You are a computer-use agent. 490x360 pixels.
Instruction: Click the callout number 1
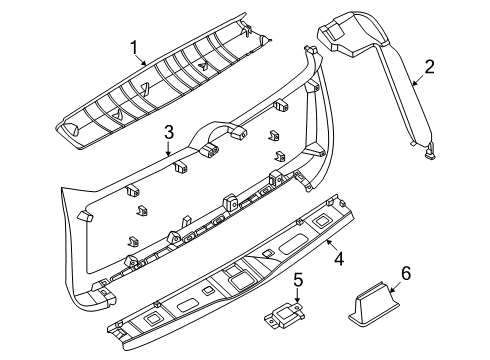[x=134, y=48]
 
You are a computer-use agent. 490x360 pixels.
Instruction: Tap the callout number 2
[x=429, y=67]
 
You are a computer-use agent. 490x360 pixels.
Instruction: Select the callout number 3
[x=169, y=132]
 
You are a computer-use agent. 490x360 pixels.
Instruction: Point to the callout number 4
[x=339, y=259]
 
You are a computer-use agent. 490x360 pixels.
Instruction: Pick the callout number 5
[x=298, y=280]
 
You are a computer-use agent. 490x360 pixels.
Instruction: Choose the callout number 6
[x=406, y=273]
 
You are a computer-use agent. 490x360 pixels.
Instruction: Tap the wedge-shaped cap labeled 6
[x=374, y=303]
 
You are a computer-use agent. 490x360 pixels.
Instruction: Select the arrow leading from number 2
[x=418, y=80]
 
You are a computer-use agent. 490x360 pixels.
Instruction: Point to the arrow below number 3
[x=169, y=148]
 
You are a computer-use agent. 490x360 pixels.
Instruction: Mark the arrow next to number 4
[x=332, y=246]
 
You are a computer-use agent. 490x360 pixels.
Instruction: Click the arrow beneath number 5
[x=298, y=296]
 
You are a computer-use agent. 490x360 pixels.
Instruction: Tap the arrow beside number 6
[x=396, y=287]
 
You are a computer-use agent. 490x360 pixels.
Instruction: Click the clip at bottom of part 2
[x=430, y=151]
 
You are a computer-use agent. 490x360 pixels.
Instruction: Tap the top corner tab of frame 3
[x=310, y=49]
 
